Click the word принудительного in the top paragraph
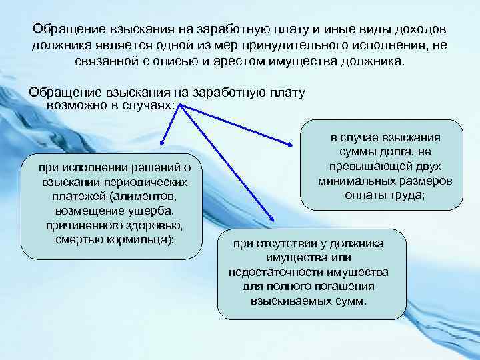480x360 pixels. (x=307, y=45)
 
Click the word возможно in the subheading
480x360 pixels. (x=74, y=106)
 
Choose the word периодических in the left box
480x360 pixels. (x=146, y=182)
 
